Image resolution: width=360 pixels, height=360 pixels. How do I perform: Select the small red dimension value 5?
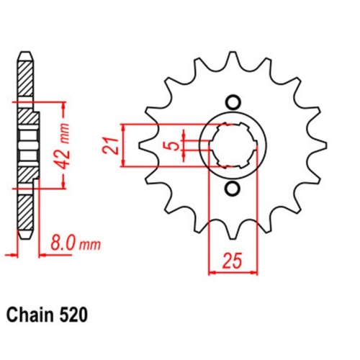tap(171, 146)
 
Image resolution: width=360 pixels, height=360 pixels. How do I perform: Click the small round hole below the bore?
tap(232, 189)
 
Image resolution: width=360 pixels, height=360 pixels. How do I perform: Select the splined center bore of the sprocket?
tap(232, 145)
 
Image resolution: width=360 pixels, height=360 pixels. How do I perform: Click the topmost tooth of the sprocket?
tap(233, 60)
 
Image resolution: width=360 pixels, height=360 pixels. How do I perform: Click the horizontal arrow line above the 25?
tap(231, 274)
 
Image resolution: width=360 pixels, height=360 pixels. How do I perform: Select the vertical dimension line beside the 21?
tap(126, 145)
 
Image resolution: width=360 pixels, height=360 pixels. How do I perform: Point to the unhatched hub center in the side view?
tap(27, 145)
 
